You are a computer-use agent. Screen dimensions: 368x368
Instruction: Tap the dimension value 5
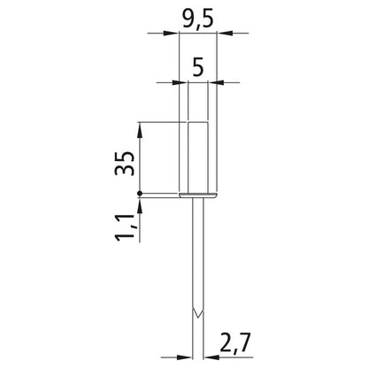[198, 67]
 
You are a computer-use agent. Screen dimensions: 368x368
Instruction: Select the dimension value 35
[125, 164]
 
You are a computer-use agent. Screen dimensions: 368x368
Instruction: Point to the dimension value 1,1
[125, 227]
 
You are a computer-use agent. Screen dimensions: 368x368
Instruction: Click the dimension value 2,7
[235, 342]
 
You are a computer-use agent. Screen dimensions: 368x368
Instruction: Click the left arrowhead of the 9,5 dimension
[172, 33]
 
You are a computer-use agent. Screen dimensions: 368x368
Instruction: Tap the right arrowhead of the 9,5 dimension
[225, 33]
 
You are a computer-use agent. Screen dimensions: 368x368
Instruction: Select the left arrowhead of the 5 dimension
[180, 82]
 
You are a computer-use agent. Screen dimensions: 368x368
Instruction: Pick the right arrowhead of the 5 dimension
[216, 82]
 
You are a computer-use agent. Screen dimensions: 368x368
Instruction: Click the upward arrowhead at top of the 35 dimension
[140, 130]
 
